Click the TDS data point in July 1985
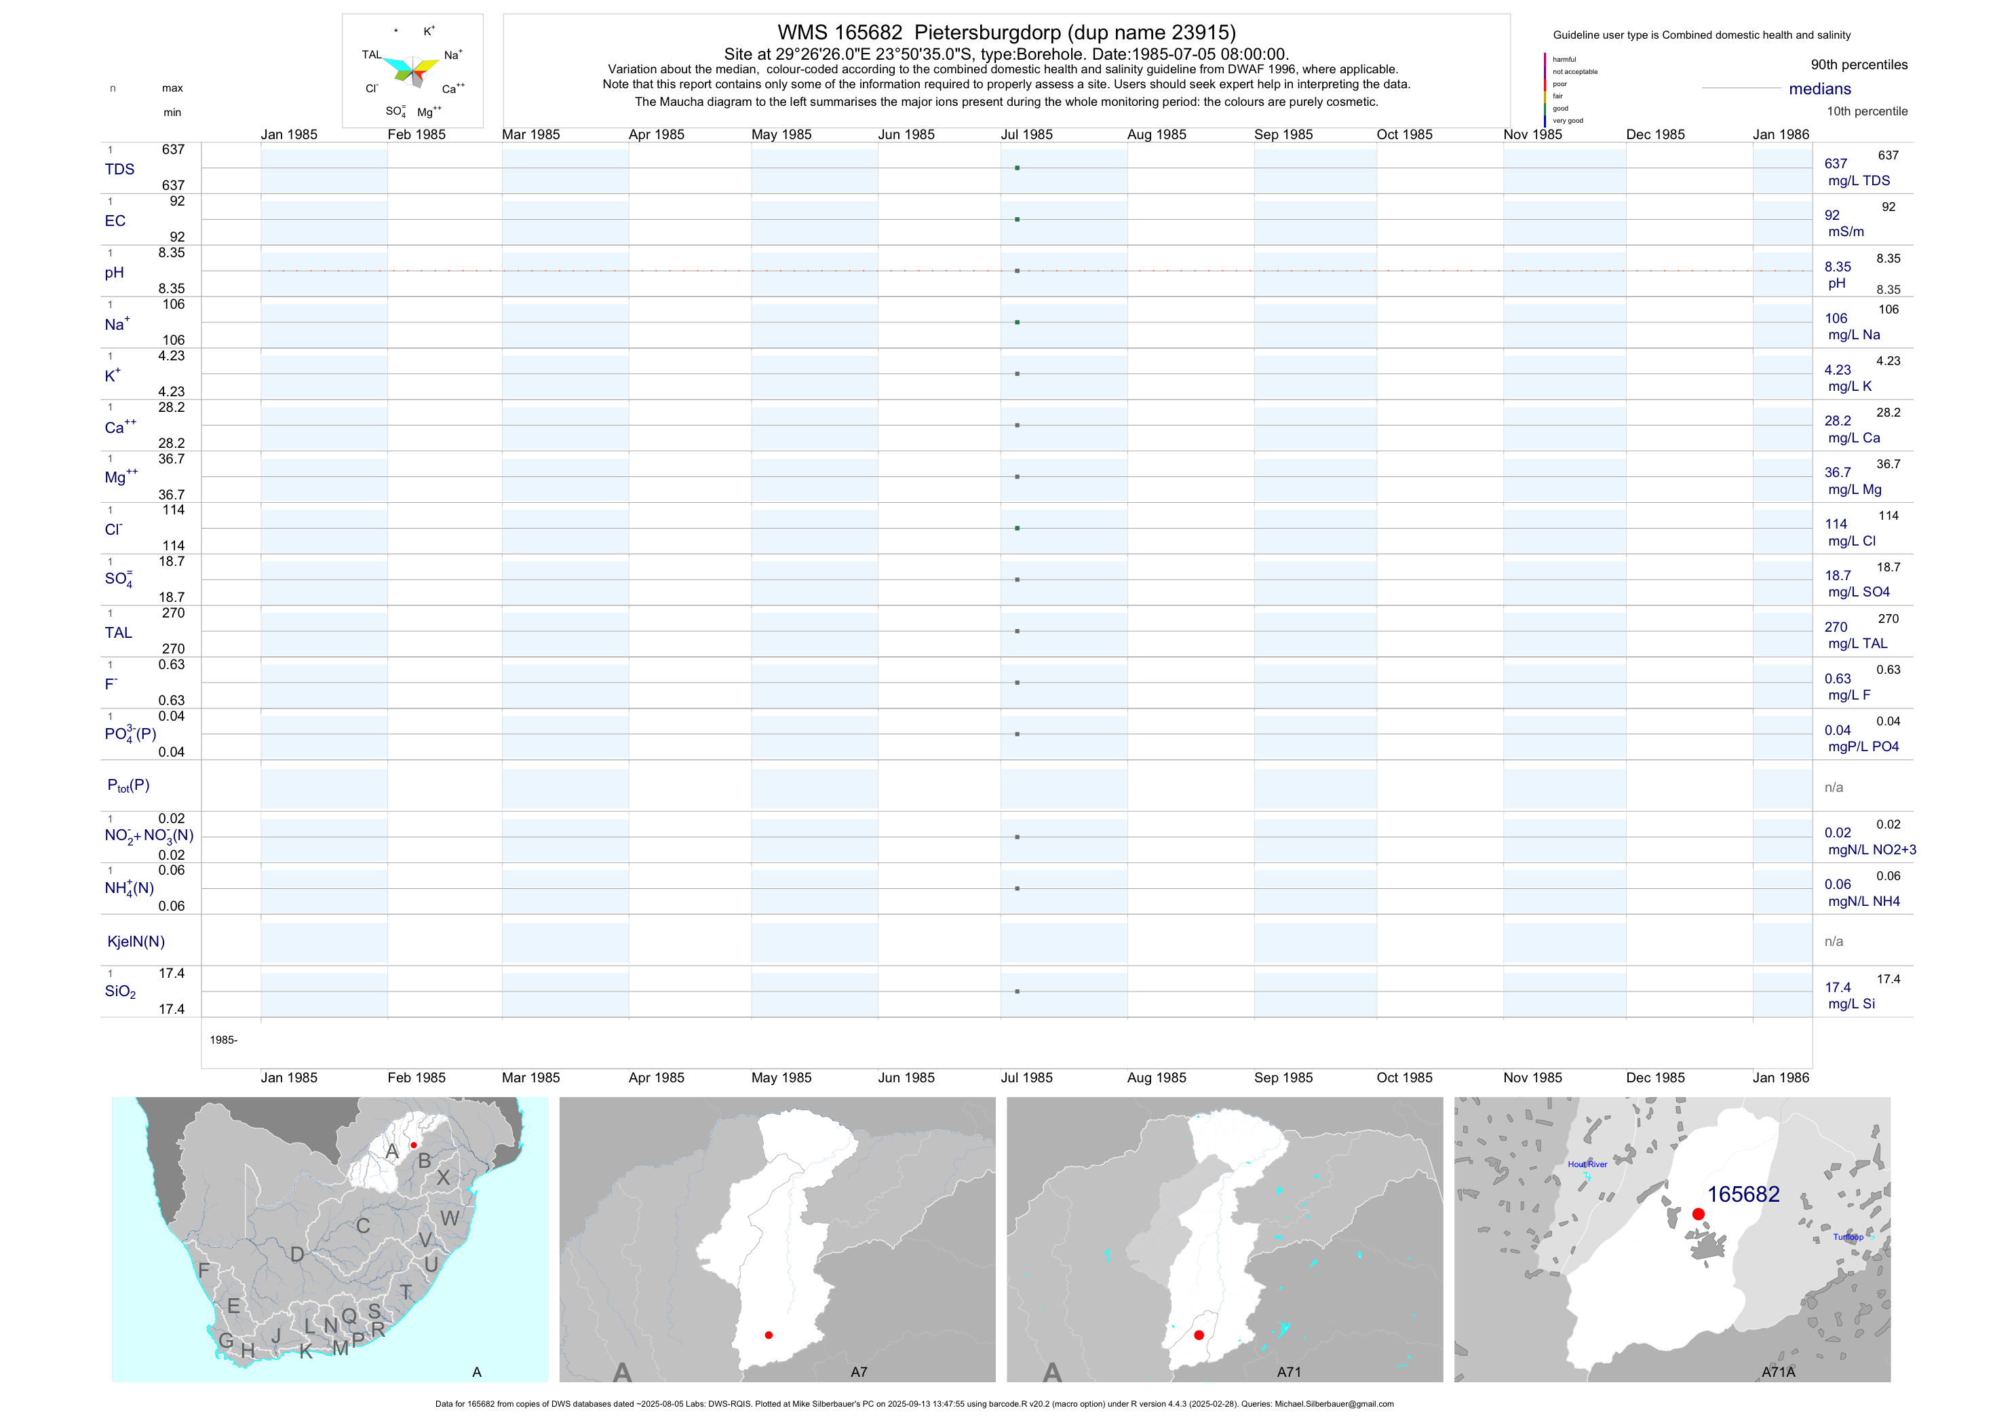(x=1017, y=168)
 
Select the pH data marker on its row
(x=1017, y=271)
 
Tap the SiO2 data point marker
(x=1017, y=991)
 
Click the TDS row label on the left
(x=119, y=170)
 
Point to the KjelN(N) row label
(x=136, y=942)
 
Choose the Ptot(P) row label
(x=128, y=785)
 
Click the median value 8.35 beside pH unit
(x=1838, y=267)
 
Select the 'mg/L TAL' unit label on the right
(x=1857, y=643)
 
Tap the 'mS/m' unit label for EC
(x=1846, y=231)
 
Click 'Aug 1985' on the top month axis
(x=1156, y=134)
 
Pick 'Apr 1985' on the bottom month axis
(x=656, y=1078)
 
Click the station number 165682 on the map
(x=1742, y=1194)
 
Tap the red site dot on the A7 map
(x=769, y=1335)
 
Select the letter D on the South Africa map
(x=297, y=1255)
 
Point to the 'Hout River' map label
(x=1587, y=1164)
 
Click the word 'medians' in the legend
(x=1819, y=89)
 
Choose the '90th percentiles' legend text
(x=1859, y=65)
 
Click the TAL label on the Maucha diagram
(x=372, y=54)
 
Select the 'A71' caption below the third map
(x=1289, y=1371)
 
